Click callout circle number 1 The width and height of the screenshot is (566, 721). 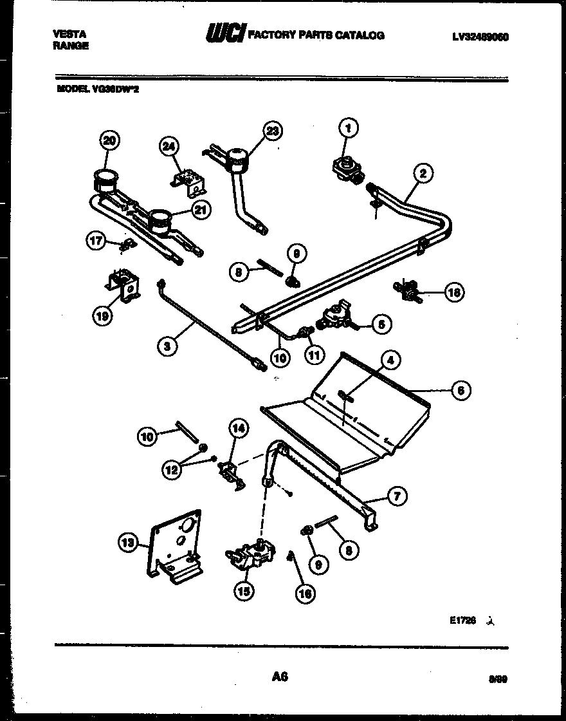click(347, 129)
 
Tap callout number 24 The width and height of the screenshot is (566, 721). click(169, 147)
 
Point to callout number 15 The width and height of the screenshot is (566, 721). click(243, 590)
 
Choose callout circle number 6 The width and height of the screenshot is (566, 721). click(461, 389)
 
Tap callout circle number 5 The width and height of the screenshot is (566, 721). click(381, 325)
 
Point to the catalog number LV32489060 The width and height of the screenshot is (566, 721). click(480, 37)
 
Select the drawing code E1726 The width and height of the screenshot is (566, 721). click(462, 621)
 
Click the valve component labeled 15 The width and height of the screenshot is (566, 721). click(251, 555)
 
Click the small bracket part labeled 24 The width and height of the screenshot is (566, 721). click(190, 181)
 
